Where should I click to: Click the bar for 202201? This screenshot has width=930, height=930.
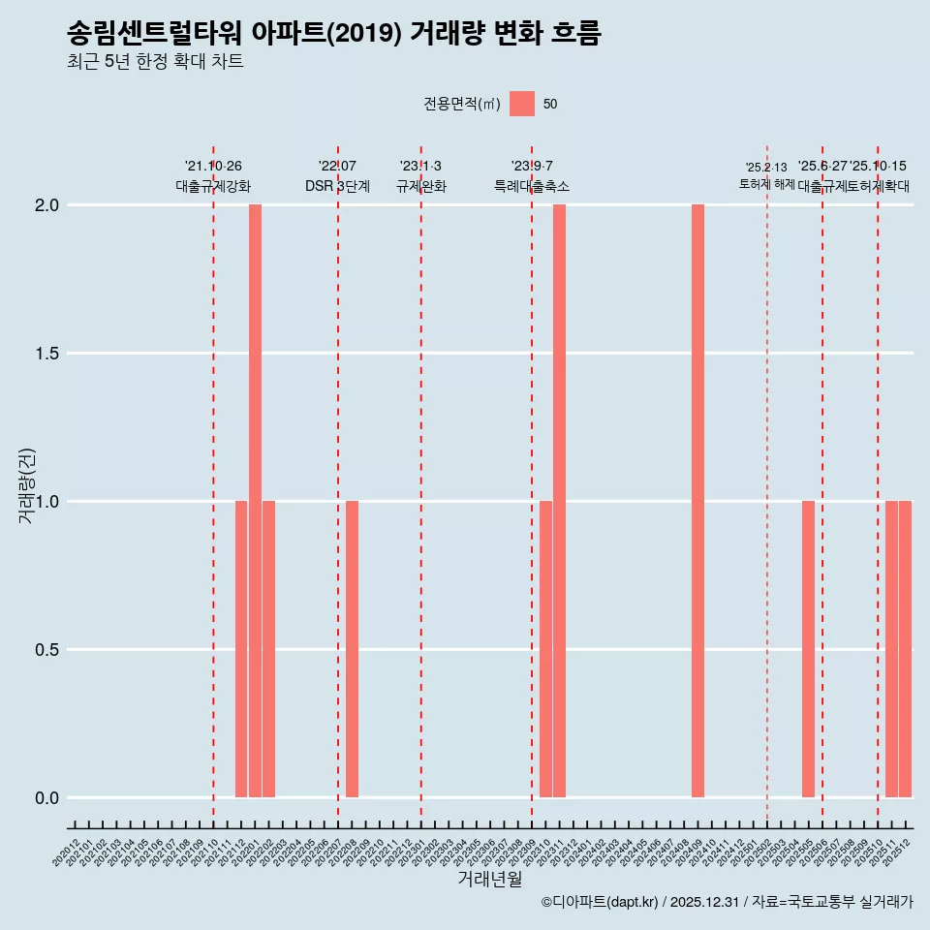point(255,501)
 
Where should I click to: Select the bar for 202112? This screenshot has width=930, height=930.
point(241,649)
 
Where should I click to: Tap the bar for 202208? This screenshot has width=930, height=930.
point(352,649)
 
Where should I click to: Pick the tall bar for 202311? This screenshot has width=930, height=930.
point(559,501)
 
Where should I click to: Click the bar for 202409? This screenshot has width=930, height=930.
point(697,501)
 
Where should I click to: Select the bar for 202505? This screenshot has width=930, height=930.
point(808,649)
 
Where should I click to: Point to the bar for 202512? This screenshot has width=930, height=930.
point(905,649)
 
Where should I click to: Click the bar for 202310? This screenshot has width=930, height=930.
point(545,649)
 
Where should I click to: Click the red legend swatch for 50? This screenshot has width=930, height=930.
point(522,104)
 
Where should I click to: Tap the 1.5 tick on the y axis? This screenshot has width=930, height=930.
point(45,354)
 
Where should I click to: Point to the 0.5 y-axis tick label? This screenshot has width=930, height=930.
point(45,650)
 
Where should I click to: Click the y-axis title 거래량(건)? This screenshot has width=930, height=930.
point(27,486)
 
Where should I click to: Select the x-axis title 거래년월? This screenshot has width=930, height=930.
point(489,880)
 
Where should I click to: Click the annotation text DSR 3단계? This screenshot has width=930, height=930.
point(337,186)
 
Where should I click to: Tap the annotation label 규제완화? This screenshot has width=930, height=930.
point(420,186)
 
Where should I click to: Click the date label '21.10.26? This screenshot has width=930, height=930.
point(213,167)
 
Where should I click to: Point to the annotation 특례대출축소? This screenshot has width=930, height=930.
point(531,186)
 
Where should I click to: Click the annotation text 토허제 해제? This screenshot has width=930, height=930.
point(766,184)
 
